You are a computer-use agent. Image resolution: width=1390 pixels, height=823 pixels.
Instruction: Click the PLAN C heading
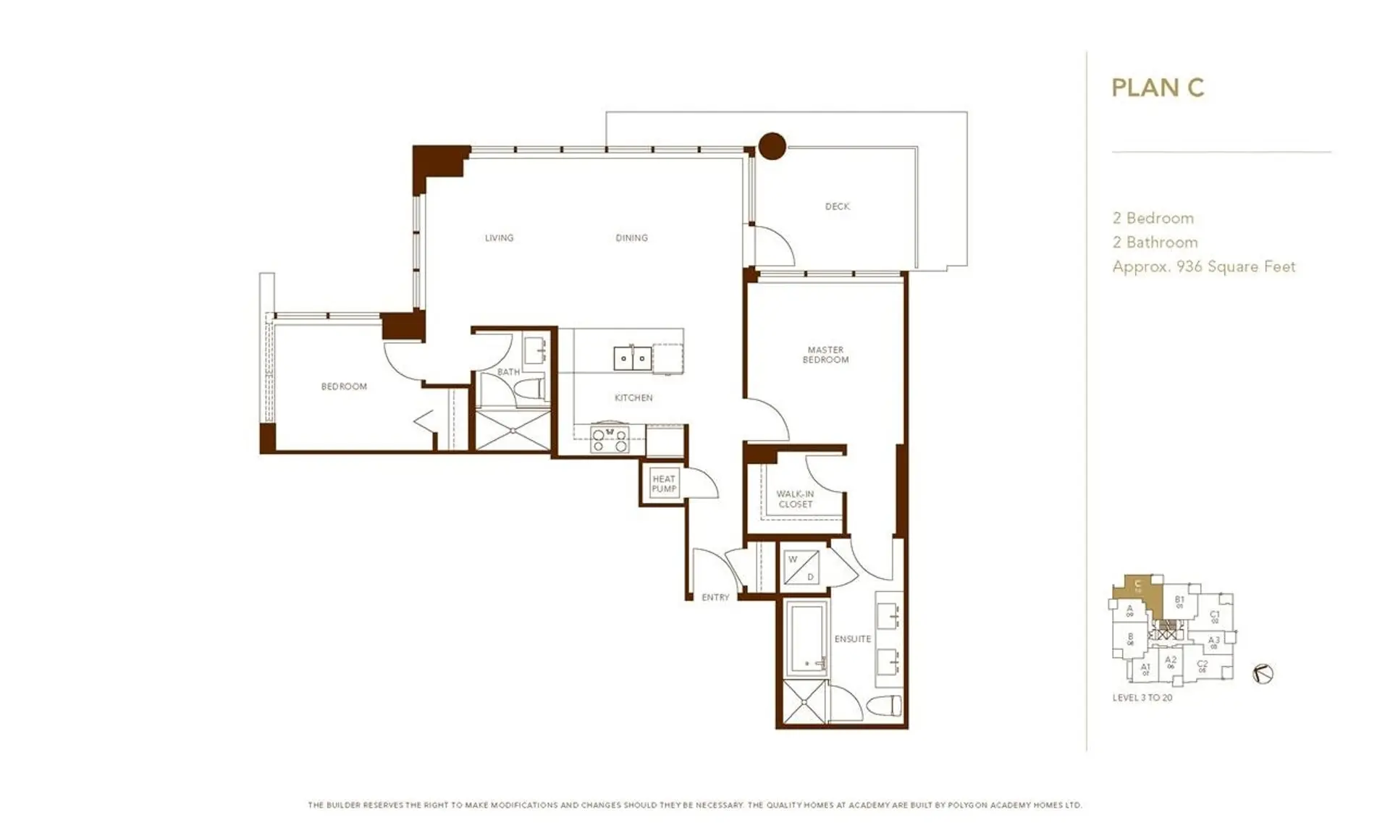click(x=1157, y=88)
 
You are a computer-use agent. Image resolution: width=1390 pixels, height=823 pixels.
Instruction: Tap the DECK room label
click(x=837, y=206)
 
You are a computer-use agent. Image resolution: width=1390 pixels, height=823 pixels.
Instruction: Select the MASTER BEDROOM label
click(x=825, y=354)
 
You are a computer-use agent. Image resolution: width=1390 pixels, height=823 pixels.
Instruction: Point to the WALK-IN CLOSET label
click(x=795, y=499)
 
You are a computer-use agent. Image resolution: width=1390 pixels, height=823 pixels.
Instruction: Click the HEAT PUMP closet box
click(x=663, y=484)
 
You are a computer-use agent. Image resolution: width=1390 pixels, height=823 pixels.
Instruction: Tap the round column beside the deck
click(x=772, y=145)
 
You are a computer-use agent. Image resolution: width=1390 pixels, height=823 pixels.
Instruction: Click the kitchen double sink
click(x=632, y=358)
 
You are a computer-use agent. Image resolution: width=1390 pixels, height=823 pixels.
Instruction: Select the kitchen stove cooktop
click(x=610, y=439)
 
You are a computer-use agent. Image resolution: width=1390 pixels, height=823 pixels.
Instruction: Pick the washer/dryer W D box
click(x=801, y=567)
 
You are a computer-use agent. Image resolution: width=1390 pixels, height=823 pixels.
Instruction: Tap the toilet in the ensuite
click(x=887, y=705)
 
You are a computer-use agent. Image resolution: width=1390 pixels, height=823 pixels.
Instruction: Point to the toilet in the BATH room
click(x=531, y=389)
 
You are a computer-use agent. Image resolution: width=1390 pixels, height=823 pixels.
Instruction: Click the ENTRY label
click(x=715, y=597)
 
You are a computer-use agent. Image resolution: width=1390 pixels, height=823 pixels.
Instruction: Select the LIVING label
click(x=499, y=237)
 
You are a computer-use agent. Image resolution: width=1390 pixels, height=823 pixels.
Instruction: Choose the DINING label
click(x=631, y=237)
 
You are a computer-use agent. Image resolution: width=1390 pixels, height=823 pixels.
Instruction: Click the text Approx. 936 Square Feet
click(x=1203, y=266)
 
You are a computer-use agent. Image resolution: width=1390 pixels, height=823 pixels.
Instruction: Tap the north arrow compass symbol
click(x=1263, y=674)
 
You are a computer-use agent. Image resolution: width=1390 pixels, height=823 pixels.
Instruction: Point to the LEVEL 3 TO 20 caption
click(x=1142, y=698)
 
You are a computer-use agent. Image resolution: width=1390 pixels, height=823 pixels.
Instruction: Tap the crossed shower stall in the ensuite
click(x=802, y=701)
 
